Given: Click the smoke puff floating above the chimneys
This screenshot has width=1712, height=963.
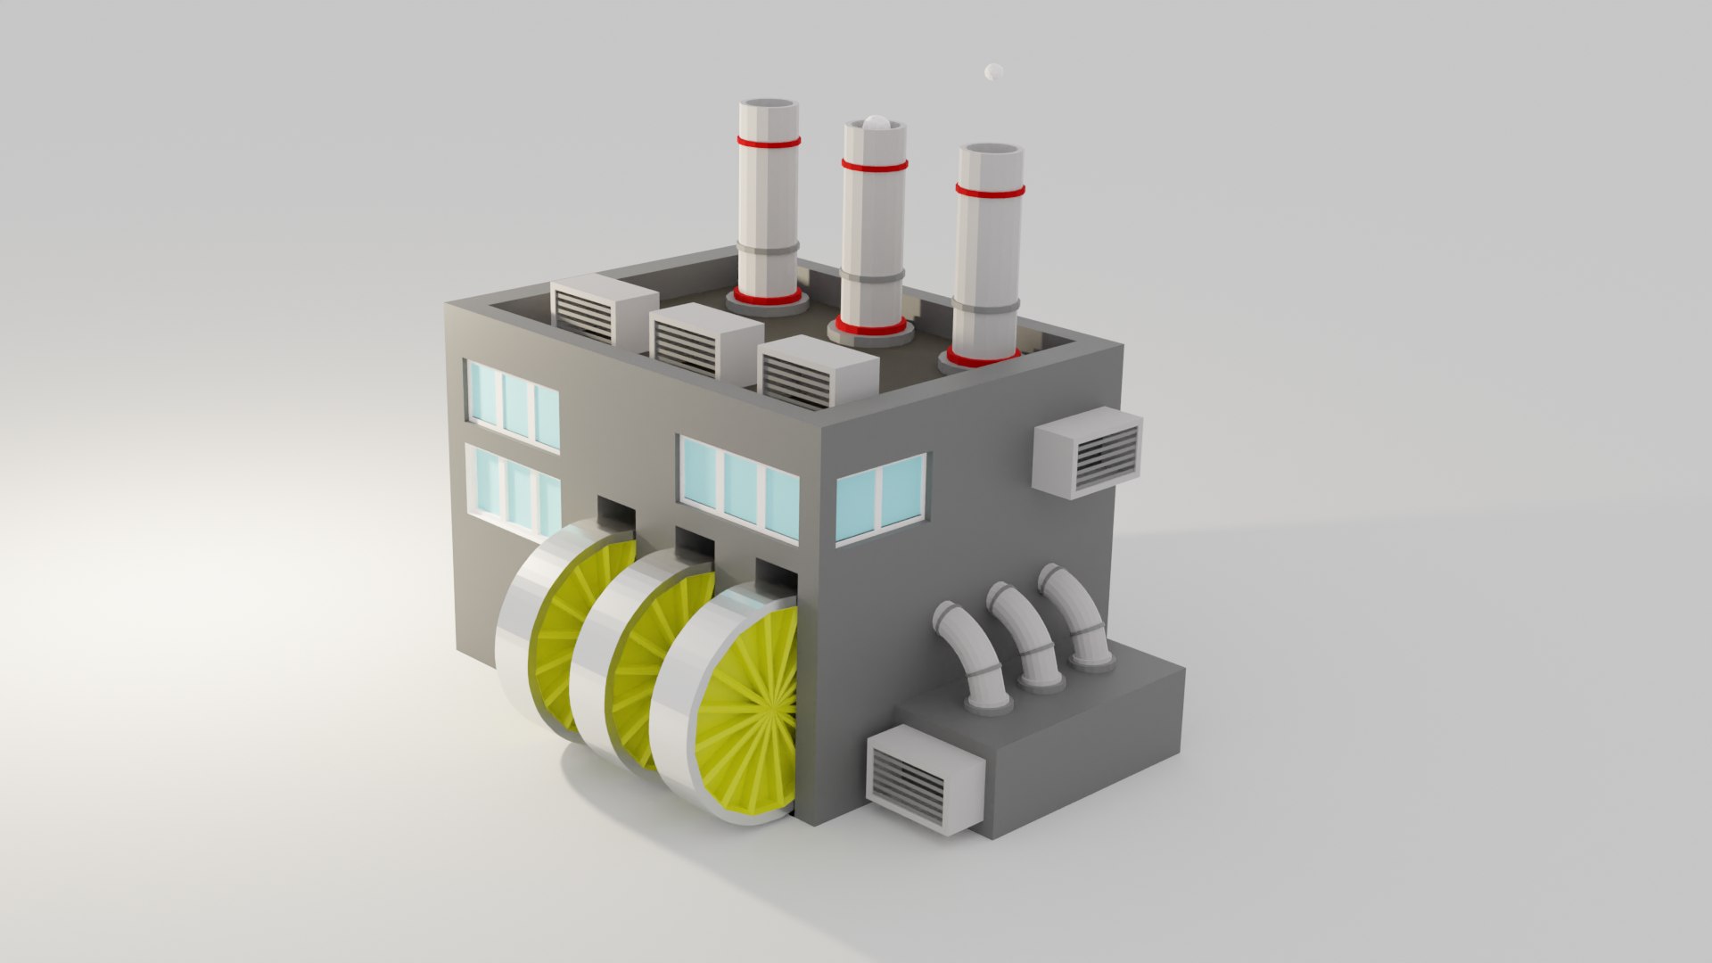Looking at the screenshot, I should (x=994, y=71).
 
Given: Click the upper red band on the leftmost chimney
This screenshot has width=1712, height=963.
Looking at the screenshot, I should (x=768, y=141).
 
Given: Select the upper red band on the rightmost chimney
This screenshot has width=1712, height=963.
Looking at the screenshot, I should (x=990, y=190).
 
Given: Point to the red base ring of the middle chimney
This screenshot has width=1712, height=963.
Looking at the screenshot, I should (x=870, y=328).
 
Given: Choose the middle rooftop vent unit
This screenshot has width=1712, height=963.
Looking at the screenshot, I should (x=695, y=340).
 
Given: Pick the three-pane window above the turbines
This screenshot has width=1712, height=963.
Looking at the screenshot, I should (x=739, y=487).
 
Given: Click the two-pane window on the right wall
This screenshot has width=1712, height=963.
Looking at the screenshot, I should (x=880, y=498).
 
